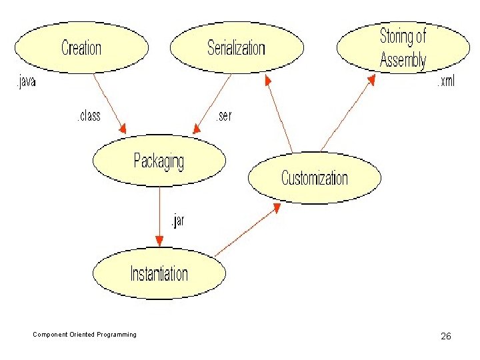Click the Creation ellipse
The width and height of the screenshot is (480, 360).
tap(81, 47)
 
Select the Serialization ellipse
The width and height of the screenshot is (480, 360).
tap(237, 47)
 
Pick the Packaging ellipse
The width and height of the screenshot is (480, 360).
tap(159, 161)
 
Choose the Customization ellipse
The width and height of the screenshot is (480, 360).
tap(314, 178)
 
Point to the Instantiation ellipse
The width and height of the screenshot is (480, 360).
tap(159, 273)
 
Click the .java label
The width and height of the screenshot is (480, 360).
tap(25, 83)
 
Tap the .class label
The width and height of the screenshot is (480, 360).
tap(87, 116)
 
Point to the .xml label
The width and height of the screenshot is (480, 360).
tap(445, 83)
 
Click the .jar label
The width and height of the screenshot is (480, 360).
tap(176, 221)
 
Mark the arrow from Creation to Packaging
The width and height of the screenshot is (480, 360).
tap(109, 103)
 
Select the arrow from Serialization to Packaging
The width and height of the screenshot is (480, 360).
tap(212, 103)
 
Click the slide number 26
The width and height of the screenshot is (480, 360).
tap(446, 336)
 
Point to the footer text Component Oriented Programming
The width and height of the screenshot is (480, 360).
tap(85, 335)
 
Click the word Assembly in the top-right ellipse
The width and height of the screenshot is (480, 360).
tap(403, 60)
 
